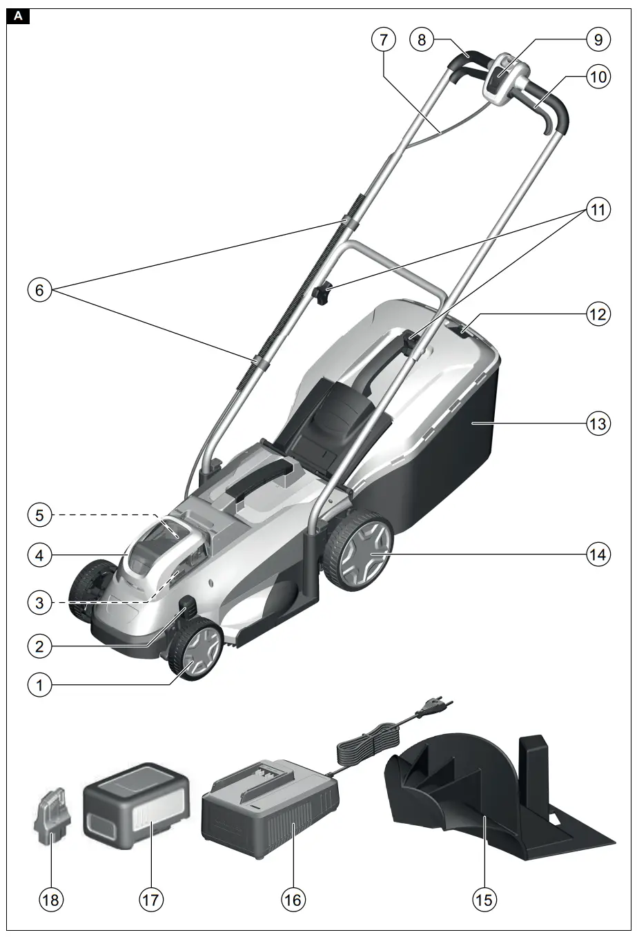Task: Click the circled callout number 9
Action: coord(598,40)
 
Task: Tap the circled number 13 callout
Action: coord(598,423)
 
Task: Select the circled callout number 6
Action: coord(39,291)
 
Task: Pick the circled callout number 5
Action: coord(39,514)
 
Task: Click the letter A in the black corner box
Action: coord(18,17)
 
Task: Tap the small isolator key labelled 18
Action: coord(48,815)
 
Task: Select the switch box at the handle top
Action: coord(506,81)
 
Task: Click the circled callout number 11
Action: coord(598,210)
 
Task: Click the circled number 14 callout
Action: coord(598,553)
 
